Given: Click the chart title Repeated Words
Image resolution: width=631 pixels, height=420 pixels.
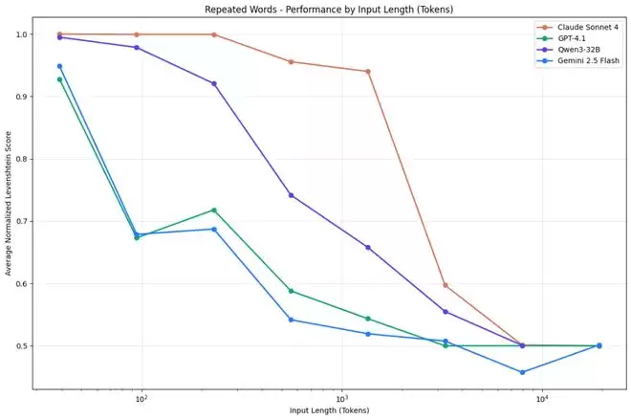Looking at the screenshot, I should pyautogui.click(x=315, y=9).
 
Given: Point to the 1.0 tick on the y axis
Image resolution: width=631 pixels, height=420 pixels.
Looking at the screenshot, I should pyautogui.click(x=22, y=34).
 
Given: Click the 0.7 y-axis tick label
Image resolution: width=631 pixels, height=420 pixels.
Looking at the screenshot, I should pyautogui.click(x=22, y=221).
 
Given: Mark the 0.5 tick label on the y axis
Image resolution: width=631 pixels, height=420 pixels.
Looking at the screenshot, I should pyautogui.click(x=22, y=345).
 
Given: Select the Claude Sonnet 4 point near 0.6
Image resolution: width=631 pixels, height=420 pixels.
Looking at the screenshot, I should pyautogui.click(x=446, y=285).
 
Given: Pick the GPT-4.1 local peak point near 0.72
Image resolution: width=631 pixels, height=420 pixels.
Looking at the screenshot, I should pyautogui.click(x=213, y=210).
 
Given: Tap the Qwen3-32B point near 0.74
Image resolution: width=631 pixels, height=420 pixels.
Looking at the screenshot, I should pyautogui.click(x=291, y=195).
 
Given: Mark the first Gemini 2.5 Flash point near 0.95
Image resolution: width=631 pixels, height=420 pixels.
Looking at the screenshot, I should pyautogui.click(x=59, y=66).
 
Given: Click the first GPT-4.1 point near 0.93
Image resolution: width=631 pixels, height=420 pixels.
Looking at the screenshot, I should pyautogui.click(x=59, y=79).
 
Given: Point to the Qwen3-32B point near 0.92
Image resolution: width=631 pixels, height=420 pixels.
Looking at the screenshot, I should pyautogui.click(x=213, y=83).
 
